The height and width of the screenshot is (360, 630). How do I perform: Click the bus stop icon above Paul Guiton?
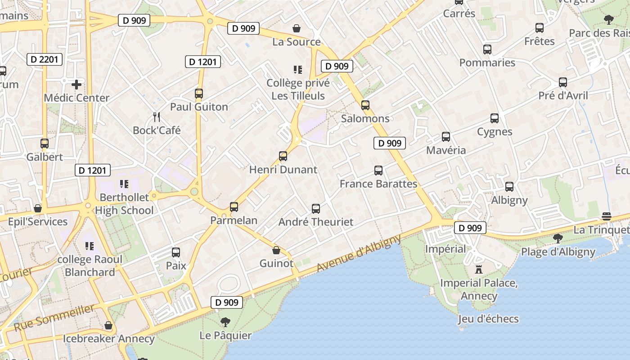(x=199, y=94)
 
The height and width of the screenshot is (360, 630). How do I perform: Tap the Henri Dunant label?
(x=283, y=170)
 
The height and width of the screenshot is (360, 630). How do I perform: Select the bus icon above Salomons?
(x=365, y=105)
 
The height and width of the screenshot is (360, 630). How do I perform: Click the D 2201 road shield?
(x=44, y=59)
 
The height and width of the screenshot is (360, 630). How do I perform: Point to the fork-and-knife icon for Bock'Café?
(x=157, y=117)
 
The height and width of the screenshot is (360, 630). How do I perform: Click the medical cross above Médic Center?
(x=76, y=84)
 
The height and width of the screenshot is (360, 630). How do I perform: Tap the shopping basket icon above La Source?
(x=297, y=29)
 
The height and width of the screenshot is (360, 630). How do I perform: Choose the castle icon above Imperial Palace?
(x=479, y=270)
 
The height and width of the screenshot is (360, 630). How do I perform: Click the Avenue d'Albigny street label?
(x=358, y=253)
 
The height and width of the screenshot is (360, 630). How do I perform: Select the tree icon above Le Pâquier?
(x=225, y=322)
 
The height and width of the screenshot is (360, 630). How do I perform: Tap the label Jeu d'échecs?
(x=488, y=319)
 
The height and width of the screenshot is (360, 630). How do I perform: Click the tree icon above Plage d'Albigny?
(x=558, y=238)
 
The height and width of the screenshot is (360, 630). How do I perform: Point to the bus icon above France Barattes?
(x=378, y=171)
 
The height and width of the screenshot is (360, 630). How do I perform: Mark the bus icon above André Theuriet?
(x=316, y=209)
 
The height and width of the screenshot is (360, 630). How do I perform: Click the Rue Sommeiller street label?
(x=54, y=317)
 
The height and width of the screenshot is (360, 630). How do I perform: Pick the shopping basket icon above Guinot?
(x=276, y=250)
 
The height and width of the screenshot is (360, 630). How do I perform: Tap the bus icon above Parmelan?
(x=234, y=207)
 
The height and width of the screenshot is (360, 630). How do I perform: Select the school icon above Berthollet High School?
(x=124, y=184)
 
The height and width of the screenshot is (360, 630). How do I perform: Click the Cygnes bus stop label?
(x=495, y=132)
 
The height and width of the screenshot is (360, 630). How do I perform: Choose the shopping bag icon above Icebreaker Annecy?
(x=108, y=325)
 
